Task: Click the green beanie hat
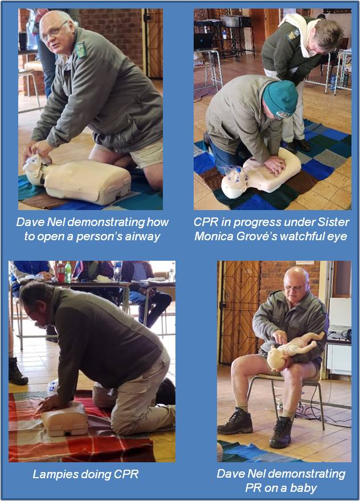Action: click(x=280, y=98)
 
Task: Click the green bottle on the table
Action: click(x=68, y=272)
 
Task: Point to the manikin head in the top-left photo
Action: click(x=35, y=169)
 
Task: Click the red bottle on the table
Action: click(x=61, y=272)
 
